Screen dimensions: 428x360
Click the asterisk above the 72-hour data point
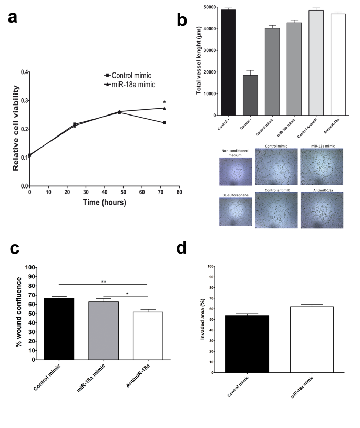tap(164, 102)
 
